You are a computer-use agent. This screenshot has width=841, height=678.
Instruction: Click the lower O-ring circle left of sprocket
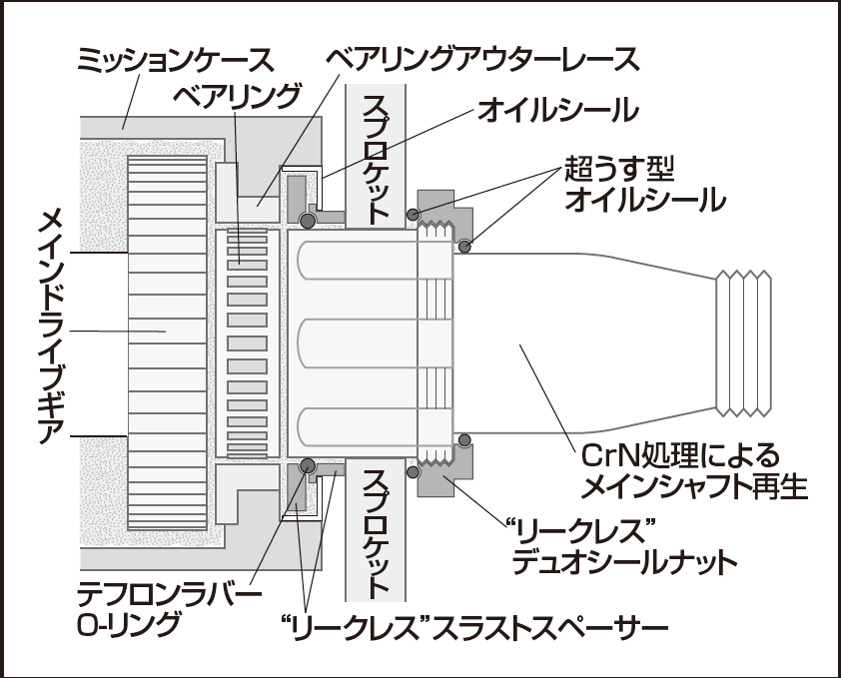(308, 465)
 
